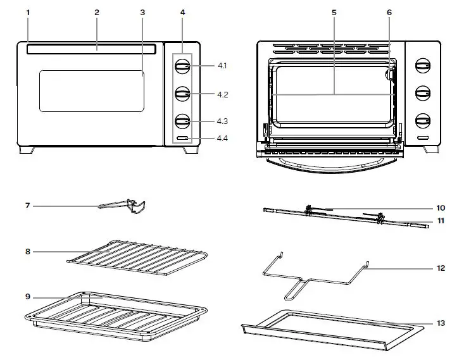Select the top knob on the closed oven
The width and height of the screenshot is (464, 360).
(x=182, y=66)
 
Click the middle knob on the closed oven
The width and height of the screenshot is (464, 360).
(x=182, y=94)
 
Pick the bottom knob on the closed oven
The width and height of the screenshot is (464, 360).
(x=182, y=121)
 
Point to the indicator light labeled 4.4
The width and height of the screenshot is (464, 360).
(x=182, y=138)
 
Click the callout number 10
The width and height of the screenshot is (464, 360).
(x=440, y=208)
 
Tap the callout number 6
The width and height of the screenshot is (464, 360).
(x=389, y=13)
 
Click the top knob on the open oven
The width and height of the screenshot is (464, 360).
(x=421, y=66)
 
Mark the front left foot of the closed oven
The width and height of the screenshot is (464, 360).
(x=27, y=151)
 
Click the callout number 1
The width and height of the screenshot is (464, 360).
(x=27, y=13)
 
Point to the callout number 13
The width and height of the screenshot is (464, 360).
(x=440, y=323)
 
